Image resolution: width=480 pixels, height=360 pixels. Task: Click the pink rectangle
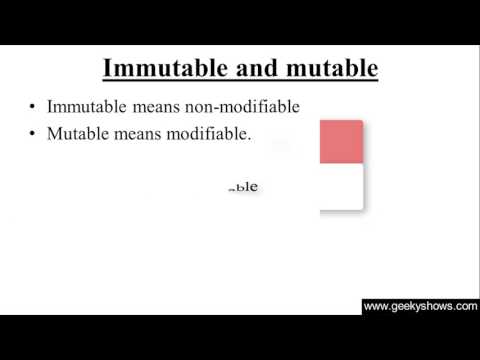point(340,141)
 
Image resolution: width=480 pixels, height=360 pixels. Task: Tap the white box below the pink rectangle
point(340,186)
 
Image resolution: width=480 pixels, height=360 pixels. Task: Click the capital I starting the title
point(109,68)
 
